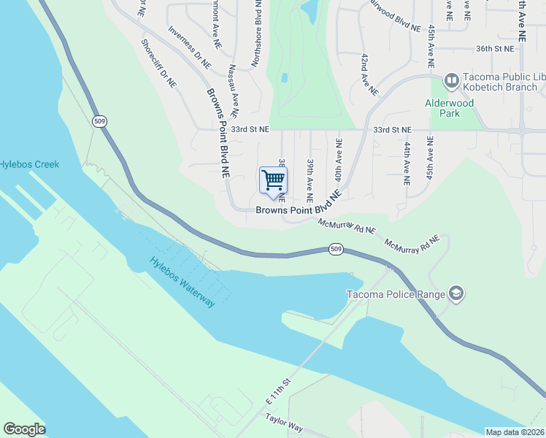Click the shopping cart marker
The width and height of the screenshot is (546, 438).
tap(273, 180)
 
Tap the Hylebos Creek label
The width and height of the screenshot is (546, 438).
tap(29, 165)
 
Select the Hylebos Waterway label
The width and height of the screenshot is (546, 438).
tap(182, 281)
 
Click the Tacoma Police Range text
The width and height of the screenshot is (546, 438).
tap(396, 295)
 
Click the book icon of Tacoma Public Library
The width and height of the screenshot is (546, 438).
tap(451, 80)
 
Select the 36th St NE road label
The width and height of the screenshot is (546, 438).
tap(495, 48)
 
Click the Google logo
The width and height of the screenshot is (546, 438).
tap(24, 429)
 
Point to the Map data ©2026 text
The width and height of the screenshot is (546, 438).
tap(515, 432)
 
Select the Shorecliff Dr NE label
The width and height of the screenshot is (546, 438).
tap(159, 64)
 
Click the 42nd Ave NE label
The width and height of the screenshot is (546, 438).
tap(369, 74)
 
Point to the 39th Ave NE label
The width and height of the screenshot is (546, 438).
tap(310, 180)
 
